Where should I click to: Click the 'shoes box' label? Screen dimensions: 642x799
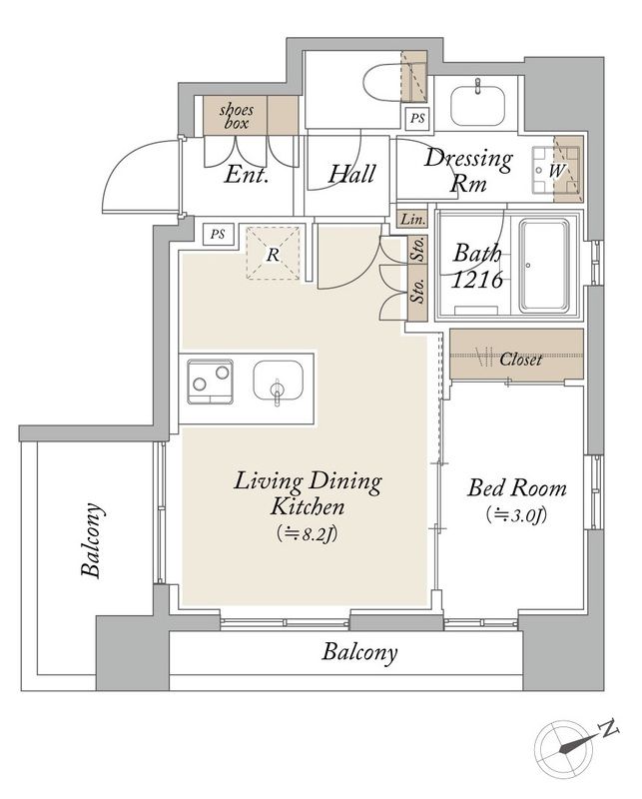coord(236,116)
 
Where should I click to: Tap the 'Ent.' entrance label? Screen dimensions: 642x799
coord(246,175)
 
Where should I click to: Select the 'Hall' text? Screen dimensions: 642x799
coord(351,174)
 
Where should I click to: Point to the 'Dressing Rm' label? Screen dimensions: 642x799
coord(468,170)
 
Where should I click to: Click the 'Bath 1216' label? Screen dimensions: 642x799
coord(477,266)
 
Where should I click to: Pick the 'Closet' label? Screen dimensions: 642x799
coord(521,360)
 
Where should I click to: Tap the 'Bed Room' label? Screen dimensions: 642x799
coord(517,487)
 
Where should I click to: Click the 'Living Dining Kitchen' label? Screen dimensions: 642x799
coord(308,493)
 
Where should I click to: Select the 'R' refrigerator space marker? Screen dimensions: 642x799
coord(274,255)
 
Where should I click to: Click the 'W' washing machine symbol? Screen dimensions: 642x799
coord(556,170)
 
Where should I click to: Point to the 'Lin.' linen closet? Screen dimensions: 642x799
coord(412,219)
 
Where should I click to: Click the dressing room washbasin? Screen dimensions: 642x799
coord(477,105)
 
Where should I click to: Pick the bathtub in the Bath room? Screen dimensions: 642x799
coord(544,266)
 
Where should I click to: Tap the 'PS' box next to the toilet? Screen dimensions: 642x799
coord(417,118)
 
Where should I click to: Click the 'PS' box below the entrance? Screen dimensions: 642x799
coord(218,235)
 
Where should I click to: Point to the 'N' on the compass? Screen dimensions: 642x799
coord(609,730)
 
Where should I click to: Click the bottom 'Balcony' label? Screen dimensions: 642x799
coord(359,652)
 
